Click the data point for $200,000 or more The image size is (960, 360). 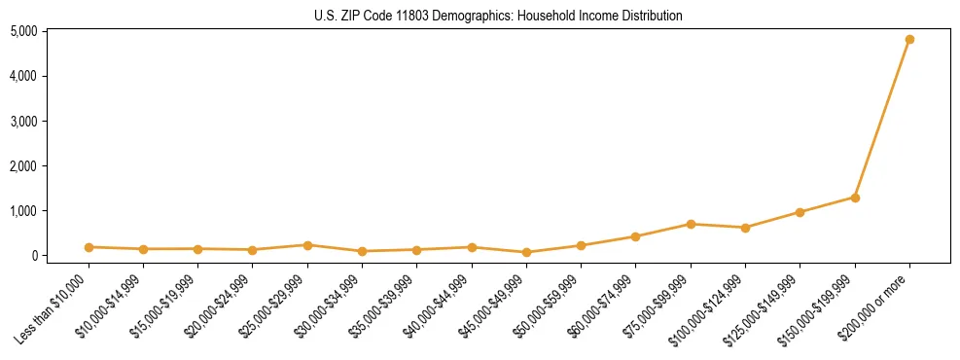tap(909, 40)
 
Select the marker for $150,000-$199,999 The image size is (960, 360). tap(855, 198)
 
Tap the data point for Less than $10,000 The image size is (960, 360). tap(89, 247)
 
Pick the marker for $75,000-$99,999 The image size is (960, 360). tap(691, 224)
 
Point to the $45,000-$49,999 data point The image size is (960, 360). tap(526, 252)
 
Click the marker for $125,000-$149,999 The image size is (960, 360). tap(800, 212)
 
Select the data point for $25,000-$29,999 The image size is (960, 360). tap(307, 245)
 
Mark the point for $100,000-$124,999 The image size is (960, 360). tap(745, 228)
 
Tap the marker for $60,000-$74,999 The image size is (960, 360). tap(635, 236)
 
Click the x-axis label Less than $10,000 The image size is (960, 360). tap(53, 308)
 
